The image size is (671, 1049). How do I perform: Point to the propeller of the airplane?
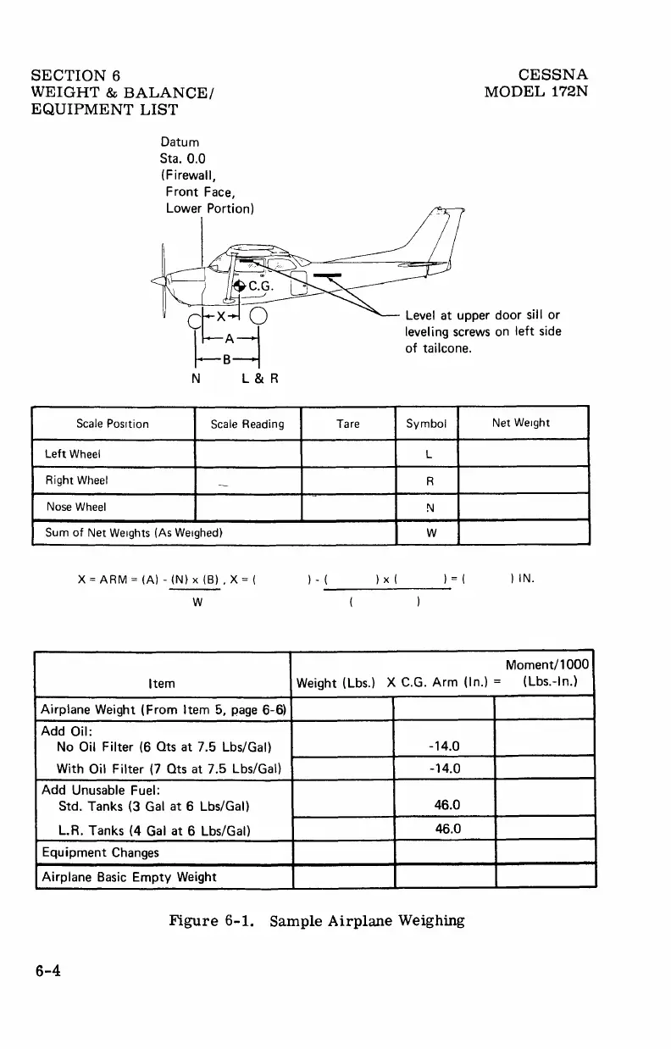(x=162, y=280)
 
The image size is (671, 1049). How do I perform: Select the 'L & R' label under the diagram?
(x=255, y=379)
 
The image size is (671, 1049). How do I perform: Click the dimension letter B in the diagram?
(x=227, y=358)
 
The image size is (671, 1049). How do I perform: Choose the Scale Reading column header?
(x=247, y=424)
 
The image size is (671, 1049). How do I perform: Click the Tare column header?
(x=347, y=424)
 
